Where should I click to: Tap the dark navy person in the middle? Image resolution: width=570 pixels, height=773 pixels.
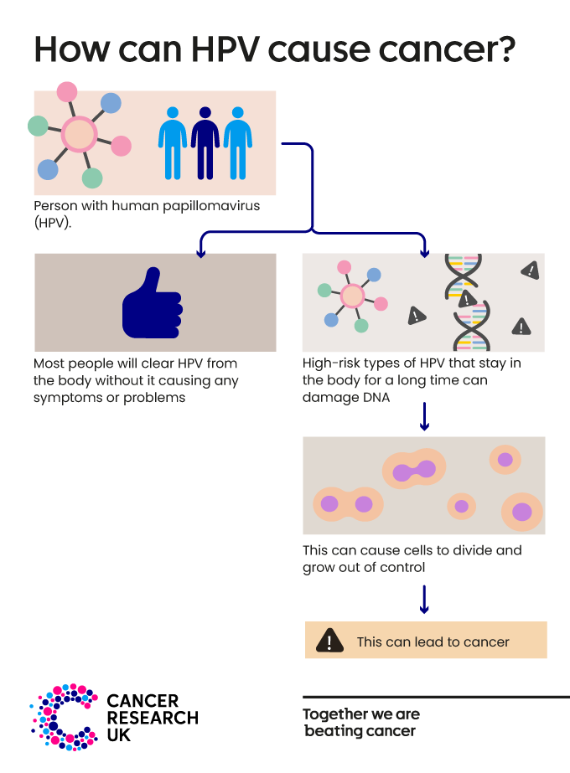click(x=205, y=142)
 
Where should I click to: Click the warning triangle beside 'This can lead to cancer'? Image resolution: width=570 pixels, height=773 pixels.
click(x=329, y=641)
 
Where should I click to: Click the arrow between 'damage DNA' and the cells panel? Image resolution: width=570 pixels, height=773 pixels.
click(x=424, y=416)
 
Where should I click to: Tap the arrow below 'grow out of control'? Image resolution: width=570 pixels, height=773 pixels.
click(x=424, y=599)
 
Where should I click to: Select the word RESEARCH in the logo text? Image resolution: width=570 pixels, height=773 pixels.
click(x=153, y=718)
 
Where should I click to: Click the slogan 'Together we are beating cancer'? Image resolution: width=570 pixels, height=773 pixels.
click(x=361, y=723)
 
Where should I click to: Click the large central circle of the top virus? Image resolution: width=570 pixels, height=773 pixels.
click(x=78, y=134)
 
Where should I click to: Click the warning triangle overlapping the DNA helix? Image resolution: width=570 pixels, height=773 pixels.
click(x=467, y=298)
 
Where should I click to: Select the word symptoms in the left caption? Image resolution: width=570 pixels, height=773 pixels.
click(x=67, y=398)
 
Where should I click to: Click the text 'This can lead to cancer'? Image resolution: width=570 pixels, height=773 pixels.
click(x=433, y=642)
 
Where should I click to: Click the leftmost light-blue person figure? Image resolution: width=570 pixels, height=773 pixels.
click(x=173, y=142)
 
